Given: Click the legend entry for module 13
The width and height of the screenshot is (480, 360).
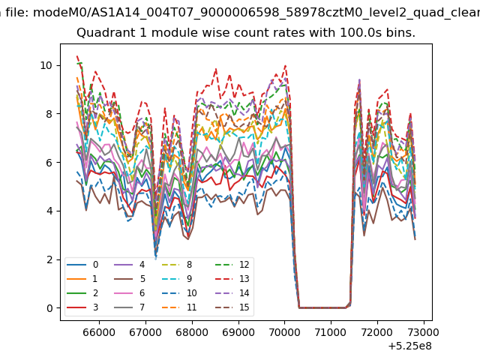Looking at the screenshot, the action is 232,279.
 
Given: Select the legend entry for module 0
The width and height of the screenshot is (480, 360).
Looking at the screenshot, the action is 82,265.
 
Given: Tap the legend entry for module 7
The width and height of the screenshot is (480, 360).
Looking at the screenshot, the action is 129,307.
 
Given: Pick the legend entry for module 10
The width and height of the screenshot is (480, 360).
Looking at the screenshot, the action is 178,293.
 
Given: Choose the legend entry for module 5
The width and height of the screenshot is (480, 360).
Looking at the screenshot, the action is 129,279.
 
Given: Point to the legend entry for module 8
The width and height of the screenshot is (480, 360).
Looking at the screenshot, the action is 176,265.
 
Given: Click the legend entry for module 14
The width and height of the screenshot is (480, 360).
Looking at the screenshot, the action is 232,293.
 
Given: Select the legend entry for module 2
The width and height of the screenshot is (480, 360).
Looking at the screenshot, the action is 82,293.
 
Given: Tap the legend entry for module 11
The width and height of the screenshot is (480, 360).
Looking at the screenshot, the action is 178,307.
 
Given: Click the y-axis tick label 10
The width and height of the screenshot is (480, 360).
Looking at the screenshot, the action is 46,65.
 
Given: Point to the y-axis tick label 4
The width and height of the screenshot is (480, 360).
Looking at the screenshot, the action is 49,211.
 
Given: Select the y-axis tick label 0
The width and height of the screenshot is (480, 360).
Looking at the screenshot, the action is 49,308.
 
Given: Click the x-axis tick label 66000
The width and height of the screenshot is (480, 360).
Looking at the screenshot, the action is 99,332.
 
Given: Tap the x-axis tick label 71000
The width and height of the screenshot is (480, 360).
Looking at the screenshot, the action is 331,332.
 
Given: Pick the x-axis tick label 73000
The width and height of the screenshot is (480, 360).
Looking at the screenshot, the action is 423,332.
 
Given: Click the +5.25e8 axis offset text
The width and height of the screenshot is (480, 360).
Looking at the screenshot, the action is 410,346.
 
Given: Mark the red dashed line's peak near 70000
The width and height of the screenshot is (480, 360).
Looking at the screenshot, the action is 285,65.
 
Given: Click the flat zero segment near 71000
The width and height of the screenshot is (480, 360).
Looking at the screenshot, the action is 322,307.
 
